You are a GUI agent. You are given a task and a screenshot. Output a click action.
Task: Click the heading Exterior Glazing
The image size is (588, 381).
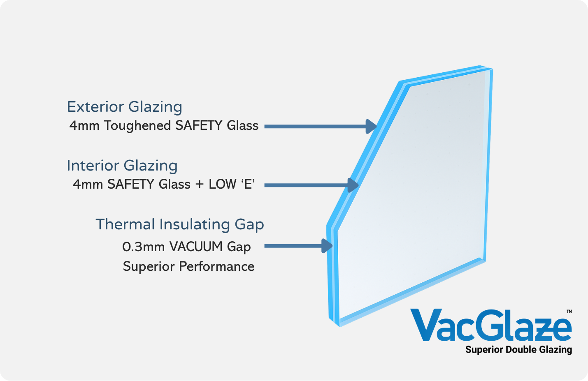(x=124, y=107)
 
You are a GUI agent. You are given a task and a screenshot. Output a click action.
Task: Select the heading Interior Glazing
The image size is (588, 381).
(x=122, y=166)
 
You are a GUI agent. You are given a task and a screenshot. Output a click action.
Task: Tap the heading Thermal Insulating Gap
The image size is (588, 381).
(x=180, y=224)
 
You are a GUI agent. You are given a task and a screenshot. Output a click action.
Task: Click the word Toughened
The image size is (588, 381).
(x=138, y=126)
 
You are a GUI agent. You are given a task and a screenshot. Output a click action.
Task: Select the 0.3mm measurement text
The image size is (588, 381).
(x=143, y=247)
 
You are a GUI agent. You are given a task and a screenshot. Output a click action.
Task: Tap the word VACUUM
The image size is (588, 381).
(x=196, y=247)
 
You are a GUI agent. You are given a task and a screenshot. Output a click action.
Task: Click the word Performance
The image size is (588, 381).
(x=216, y=267)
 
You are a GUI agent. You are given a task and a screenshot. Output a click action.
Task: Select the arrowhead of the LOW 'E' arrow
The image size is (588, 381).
(x=353, y=185)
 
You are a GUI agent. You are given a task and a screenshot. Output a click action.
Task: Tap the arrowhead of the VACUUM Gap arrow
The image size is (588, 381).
(x=328, y=246)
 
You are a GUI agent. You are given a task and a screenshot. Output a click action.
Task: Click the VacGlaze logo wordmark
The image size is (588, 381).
(x=491, y=325)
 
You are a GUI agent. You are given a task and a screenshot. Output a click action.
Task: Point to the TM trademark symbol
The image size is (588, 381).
(x=569, y=312)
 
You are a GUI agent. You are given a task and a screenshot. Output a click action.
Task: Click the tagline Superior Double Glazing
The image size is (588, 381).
(x=519, y=350)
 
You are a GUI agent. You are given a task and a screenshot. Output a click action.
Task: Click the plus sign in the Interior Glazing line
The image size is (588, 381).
(x=200, y=185)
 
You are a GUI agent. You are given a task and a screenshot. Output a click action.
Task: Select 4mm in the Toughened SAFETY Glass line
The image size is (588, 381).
(x=84, y=126)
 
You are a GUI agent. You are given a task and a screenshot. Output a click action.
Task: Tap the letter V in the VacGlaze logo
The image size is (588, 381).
(x=427, y=325)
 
